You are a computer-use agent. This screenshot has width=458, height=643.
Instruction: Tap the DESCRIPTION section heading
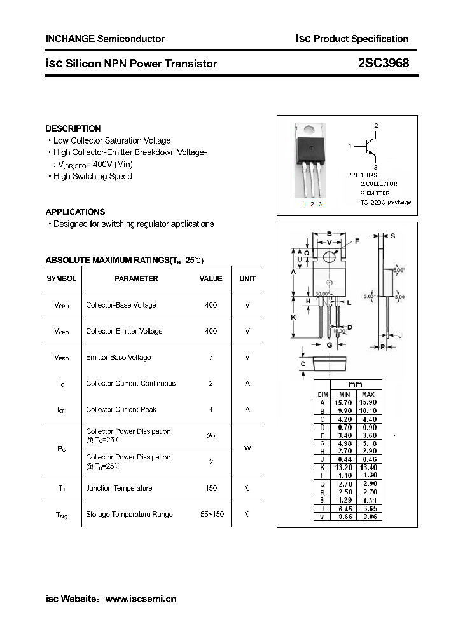[x=73, y=128]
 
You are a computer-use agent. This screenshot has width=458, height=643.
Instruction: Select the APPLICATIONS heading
[x=75, y=212]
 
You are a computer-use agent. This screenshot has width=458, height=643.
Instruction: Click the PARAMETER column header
[x=136, y=278]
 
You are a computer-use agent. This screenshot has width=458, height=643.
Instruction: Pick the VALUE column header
[x=211, y=278]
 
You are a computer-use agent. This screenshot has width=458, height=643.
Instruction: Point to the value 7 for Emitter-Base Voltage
[x=211, y=357]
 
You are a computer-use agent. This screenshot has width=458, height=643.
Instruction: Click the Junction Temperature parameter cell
[x=119, y=488]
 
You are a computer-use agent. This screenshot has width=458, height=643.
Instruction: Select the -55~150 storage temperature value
[x=211, y=514]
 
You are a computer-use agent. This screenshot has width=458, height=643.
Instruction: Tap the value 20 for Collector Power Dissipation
[x=211, y=436]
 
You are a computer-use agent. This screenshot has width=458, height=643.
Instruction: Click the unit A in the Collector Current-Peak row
[x=247, y=409]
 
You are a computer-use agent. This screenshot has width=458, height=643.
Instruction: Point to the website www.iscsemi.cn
[x=140, y=599]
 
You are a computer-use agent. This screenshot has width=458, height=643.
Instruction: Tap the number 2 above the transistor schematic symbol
[x=376, y=126]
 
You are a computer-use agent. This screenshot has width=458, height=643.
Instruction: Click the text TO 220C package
[x=385, y=202]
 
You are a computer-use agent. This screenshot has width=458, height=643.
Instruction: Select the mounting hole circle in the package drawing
[x=329, y=257]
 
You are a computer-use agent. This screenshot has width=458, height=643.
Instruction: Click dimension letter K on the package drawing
[x=293, y=316]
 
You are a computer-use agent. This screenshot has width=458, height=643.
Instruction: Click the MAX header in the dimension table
[x=368, y=395]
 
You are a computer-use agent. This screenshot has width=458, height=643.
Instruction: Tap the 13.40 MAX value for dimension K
[x=368, y=467]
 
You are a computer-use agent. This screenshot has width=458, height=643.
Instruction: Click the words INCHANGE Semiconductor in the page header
[x=104, y=39]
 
